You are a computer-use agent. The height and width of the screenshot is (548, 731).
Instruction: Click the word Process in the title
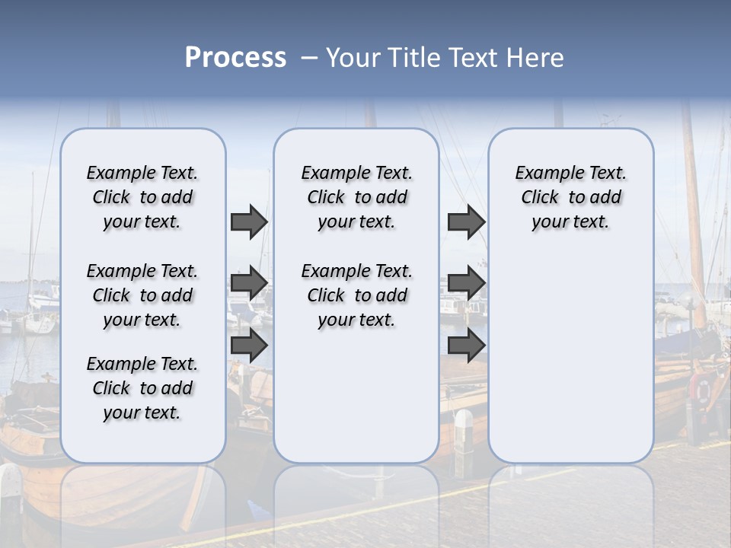(235, 58)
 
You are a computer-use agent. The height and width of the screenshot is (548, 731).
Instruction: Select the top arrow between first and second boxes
(249, 221)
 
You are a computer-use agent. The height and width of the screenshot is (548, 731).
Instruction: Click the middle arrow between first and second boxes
(249, 283)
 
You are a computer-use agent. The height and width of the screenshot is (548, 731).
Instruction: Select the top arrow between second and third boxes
(466, 221)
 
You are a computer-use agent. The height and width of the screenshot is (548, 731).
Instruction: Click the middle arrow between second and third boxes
(466, 283)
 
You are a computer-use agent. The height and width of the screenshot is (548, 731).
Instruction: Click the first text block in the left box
(142, 197)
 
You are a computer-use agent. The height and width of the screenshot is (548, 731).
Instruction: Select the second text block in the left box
(142, 295)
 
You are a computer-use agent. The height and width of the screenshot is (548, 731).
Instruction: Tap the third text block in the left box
(142, 388)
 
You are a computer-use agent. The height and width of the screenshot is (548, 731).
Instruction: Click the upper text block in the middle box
(356, 197)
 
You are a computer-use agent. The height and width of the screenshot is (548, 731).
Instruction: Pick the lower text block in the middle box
(356, 295)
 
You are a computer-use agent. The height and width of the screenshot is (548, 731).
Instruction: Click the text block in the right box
(570, 197)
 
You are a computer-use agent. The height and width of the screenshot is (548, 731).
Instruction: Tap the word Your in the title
(351, 58)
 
